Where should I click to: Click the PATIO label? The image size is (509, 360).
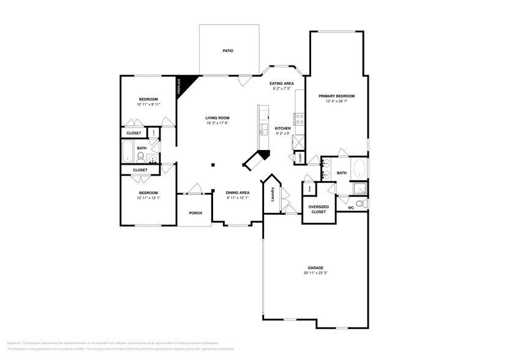tap(228, 51)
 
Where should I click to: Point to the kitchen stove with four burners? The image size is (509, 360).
tap(300, 119)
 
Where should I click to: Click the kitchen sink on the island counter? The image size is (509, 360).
tap(263, 129)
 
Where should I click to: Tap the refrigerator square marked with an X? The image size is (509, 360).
tap(299, 142)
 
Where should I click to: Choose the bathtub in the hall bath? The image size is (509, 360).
tap(128, 151)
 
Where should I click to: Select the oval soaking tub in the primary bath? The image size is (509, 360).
tap(358, 168)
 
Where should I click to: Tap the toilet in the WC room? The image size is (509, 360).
tap(361, 203)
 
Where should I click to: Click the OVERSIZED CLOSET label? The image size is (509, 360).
tap(319, 209)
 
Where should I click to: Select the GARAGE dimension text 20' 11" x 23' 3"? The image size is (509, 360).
tap(315, 274)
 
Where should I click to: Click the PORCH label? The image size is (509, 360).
tap(195, 213)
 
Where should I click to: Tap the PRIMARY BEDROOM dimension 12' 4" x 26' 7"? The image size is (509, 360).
tap(336, 102)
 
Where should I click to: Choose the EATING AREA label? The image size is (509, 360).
tap(282, 83)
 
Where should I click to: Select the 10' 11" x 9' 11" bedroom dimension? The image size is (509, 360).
tap(148, 105)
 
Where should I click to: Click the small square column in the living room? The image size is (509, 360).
tap(213, 164)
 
